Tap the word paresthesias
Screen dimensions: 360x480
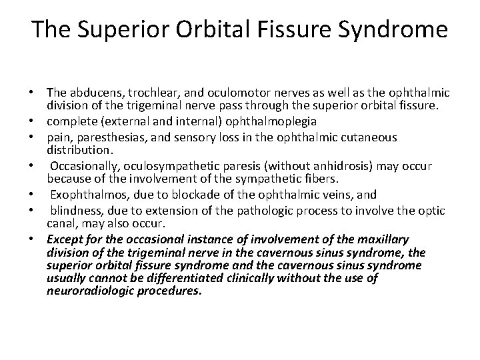111,137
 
